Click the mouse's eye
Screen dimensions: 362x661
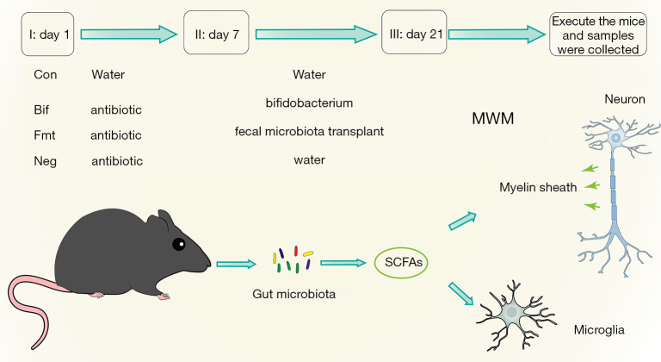179,245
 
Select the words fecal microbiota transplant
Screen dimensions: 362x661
309,133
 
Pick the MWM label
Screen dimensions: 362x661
492,118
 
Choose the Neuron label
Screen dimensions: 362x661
625,99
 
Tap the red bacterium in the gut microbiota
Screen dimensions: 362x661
296,252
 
